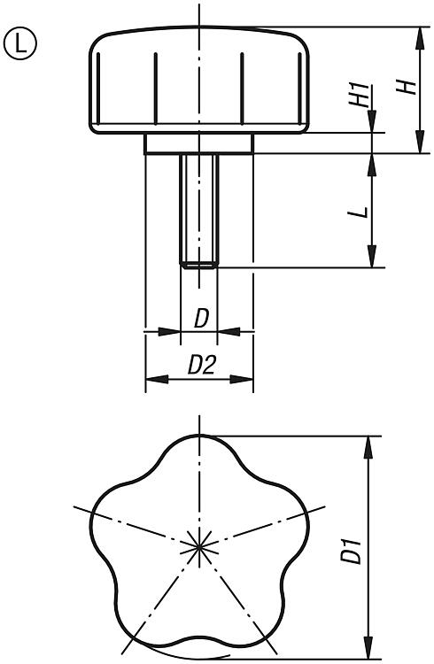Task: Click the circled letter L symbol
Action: pos(19,43)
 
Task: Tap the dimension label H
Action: pos(406,87)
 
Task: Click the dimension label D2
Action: pos(202,365)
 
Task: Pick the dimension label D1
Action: pos(352,552)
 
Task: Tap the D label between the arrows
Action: pos(202,319)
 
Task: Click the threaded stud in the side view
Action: pos(199,211)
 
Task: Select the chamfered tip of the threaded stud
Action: pos(199,265)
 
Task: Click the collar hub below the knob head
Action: pos(199,143)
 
